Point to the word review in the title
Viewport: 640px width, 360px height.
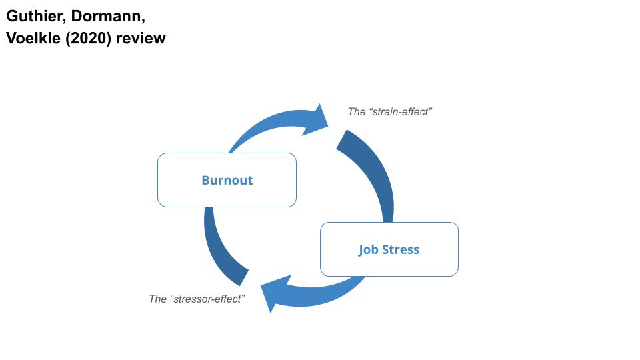pos(141,39)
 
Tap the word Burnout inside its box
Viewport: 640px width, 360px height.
pos(227,180)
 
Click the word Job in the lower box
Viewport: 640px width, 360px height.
pos(369,250)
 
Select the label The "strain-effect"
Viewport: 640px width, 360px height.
pos(390,111)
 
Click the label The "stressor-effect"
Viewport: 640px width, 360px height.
pos(197,299)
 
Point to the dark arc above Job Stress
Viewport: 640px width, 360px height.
pos(373,173)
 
